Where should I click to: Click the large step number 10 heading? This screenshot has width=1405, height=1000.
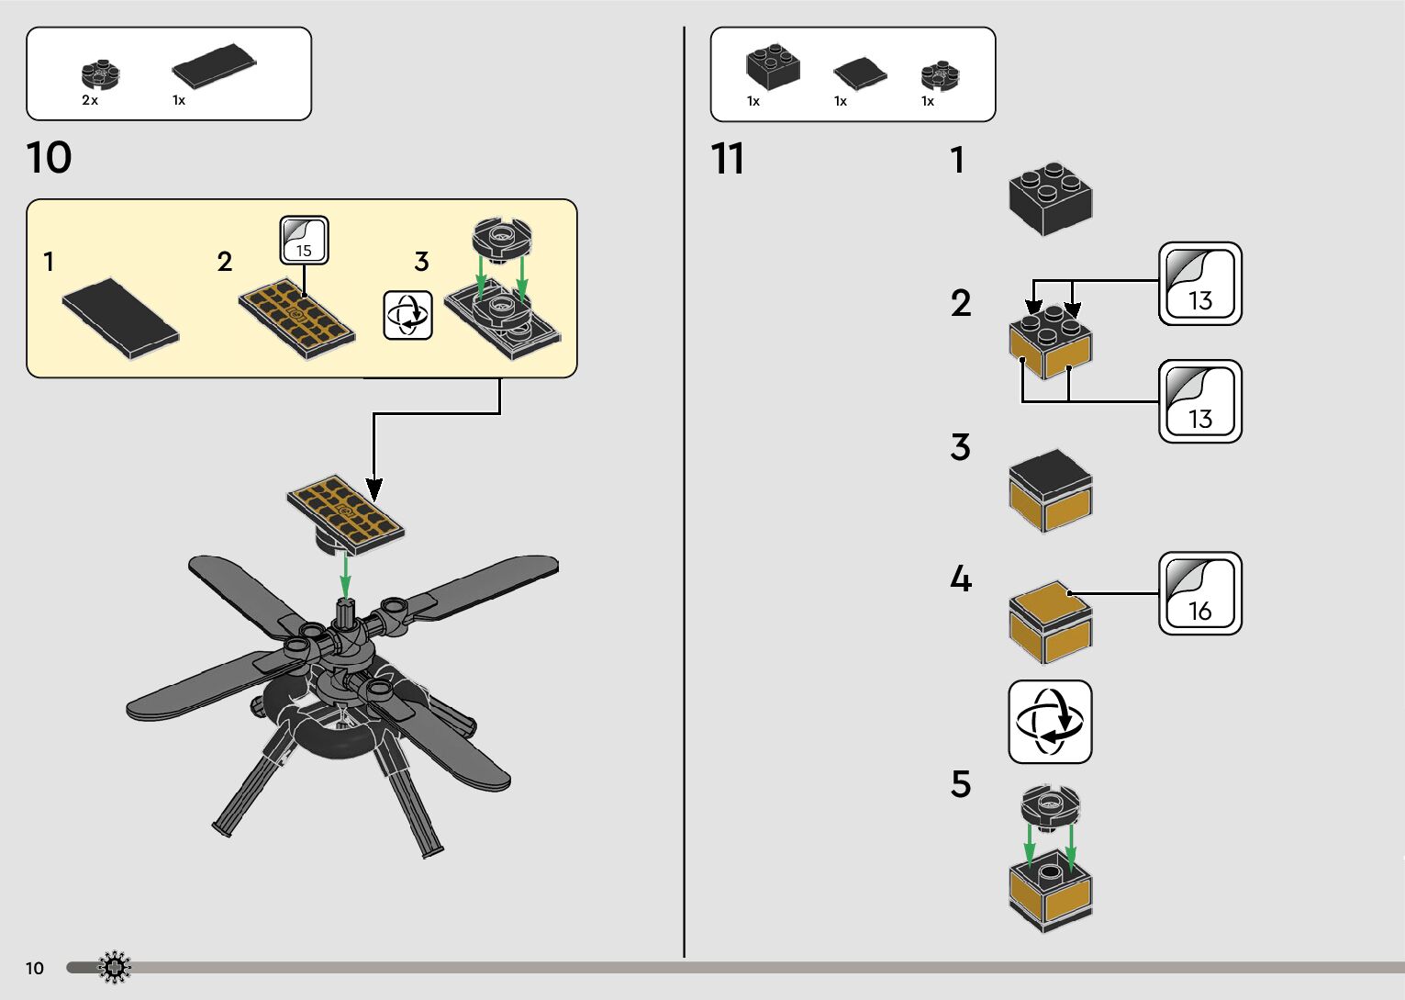[x=50, y=158]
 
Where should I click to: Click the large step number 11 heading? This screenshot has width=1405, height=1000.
[x=728, y=159]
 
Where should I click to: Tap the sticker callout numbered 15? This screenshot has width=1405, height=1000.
[x=304, y=241]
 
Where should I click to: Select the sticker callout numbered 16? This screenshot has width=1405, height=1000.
[x=1199, y=593]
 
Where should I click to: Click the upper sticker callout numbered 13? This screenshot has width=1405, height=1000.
[x=1199, y=284]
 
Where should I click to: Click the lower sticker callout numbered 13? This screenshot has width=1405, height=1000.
[x=1199, y=401]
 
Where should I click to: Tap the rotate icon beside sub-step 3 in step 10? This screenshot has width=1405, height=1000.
[x=407, y=315]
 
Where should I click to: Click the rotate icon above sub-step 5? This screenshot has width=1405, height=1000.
[x=1050, y=722]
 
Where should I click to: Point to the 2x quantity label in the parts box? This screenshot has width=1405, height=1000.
[x=90, y=100]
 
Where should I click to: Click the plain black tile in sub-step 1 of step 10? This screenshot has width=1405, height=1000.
[x=120, y=318]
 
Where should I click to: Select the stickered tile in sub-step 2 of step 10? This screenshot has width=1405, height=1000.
[x=296, y=317]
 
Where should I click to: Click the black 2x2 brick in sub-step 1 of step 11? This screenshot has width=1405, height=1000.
[x=1050, y=198]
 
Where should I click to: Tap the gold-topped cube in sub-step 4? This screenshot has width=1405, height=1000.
[x=1050, y=621]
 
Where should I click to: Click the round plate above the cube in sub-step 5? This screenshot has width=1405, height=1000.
[x=1050, y=805]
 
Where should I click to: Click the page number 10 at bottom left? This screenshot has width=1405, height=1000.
[x=35, y=968]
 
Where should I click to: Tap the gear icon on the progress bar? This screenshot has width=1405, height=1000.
[x=115, y=967]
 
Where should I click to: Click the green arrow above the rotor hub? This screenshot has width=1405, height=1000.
[x=345, y=575]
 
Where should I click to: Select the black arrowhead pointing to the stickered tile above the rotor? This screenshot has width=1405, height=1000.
[x=374, y=489]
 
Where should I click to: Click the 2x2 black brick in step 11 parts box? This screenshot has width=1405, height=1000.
[x=773, y=67]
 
